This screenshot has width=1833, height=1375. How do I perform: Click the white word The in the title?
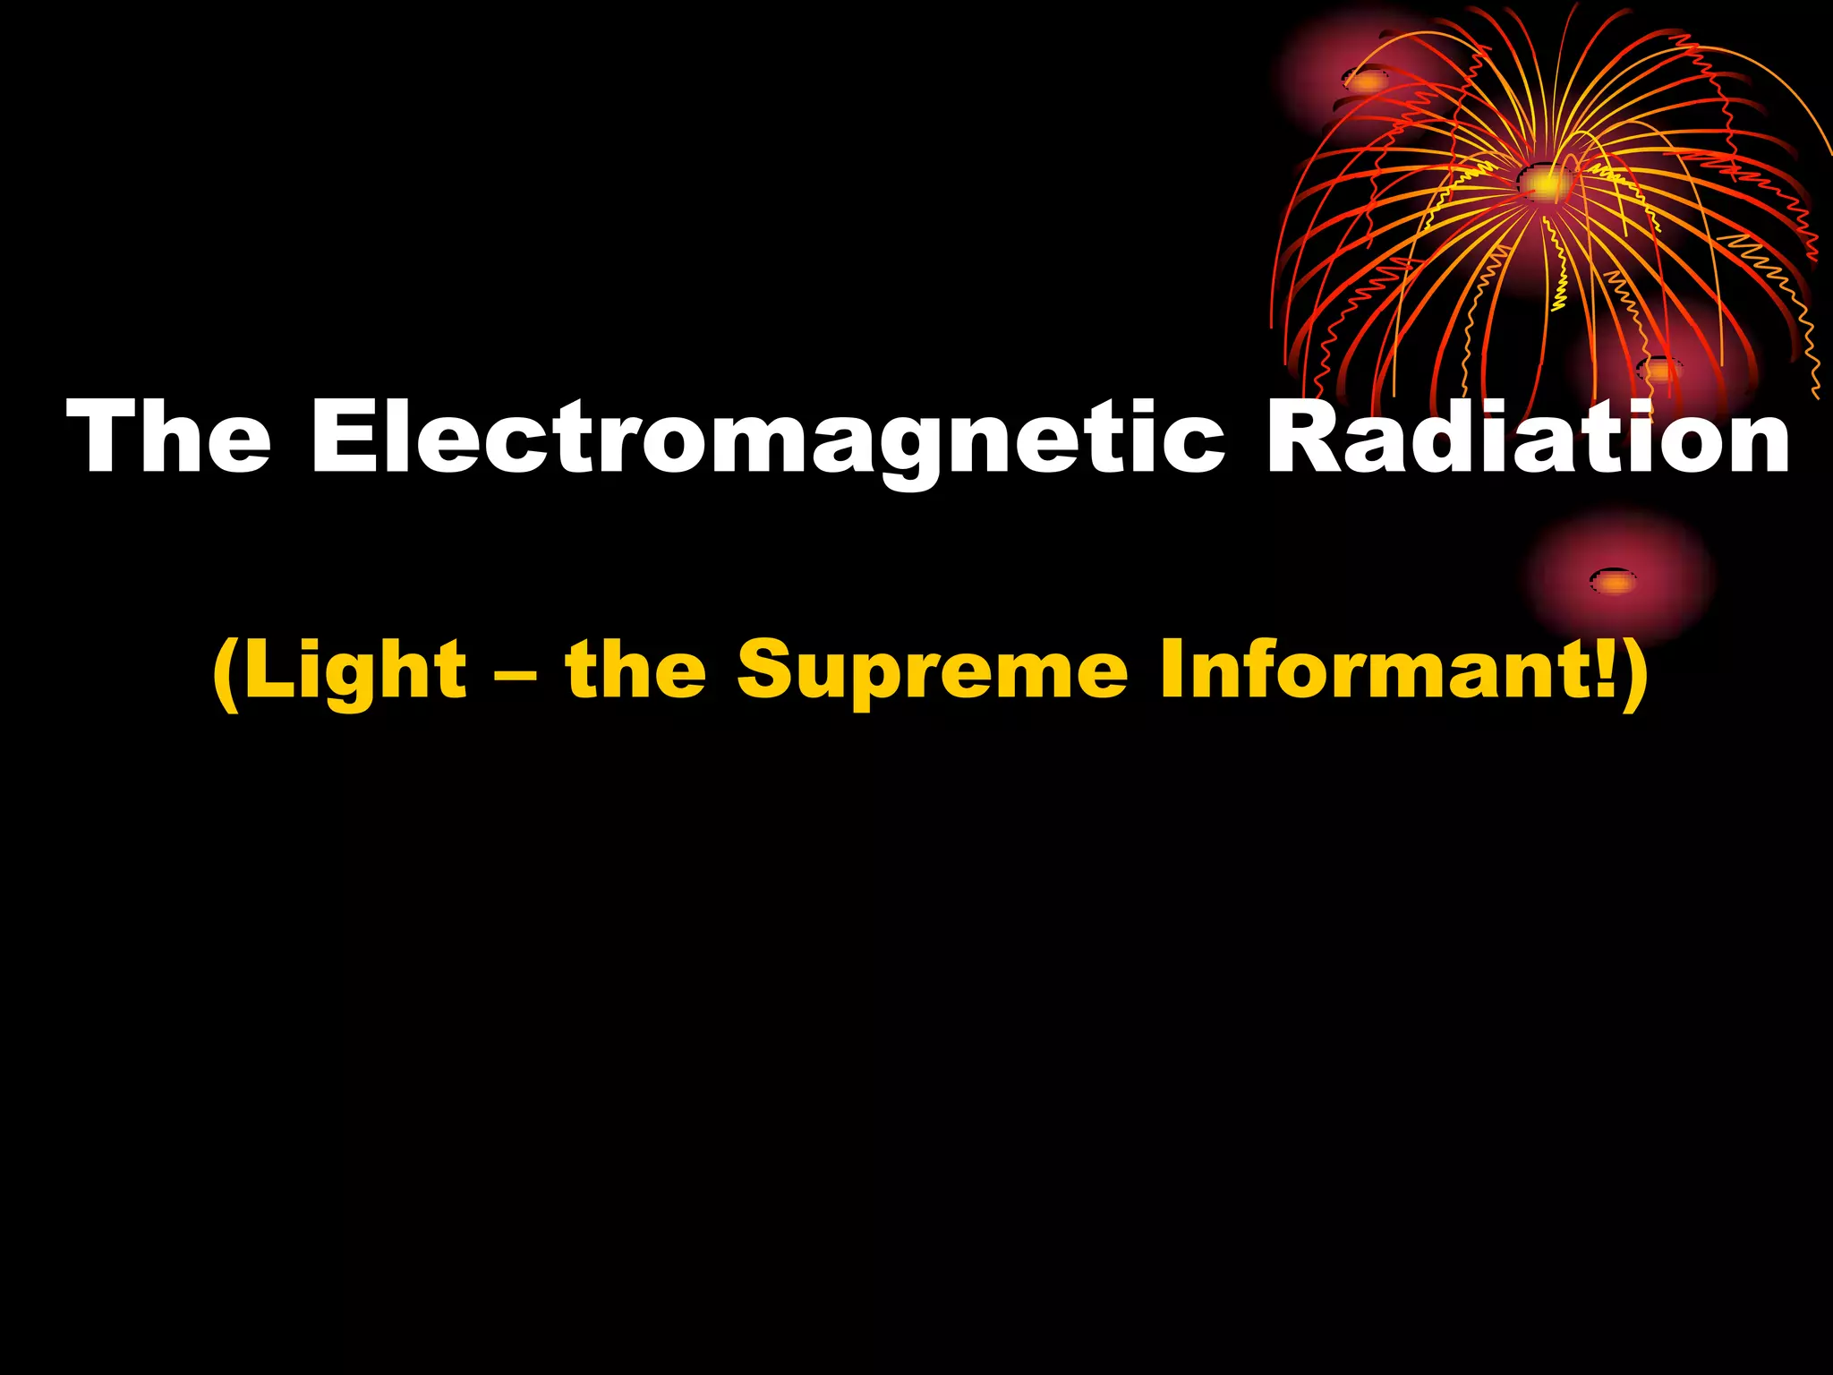(168, 436)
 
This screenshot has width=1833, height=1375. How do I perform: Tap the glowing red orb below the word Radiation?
(1616, 581)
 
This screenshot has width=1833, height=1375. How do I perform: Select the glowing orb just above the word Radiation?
(1658, 369)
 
